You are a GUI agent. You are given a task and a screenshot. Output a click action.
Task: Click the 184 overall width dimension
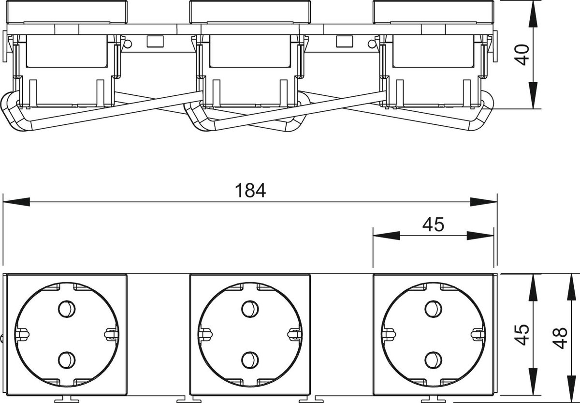click(x=250, y=191)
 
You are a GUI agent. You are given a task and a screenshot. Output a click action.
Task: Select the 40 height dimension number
click(x=522, y=55)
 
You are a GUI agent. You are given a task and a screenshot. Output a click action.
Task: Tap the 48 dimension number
click(x=560, y=338)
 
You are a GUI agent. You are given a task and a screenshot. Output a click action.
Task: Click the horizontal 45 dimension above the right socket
click(x=433, y=224)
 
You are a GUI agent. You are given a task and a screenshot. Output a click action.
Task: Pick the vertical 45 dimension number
click(x=522, y=335)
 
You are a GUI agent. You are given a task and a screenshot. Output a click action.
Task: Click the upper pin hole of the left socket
click(x=67, y=309)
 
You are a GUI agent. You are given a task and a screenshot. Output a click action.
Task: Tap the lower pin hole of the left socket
click(x=67, y=360)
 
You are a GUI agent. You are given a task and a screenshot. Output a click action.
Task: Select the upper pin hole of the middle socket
click(x=250, y=309)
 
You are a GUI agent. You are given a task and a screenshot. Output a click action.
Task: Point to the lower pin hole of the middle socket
click(x=250, y=360)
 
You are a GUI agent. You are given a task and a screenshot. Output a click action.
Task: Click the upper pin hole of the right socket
click(x=433, y=309)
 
